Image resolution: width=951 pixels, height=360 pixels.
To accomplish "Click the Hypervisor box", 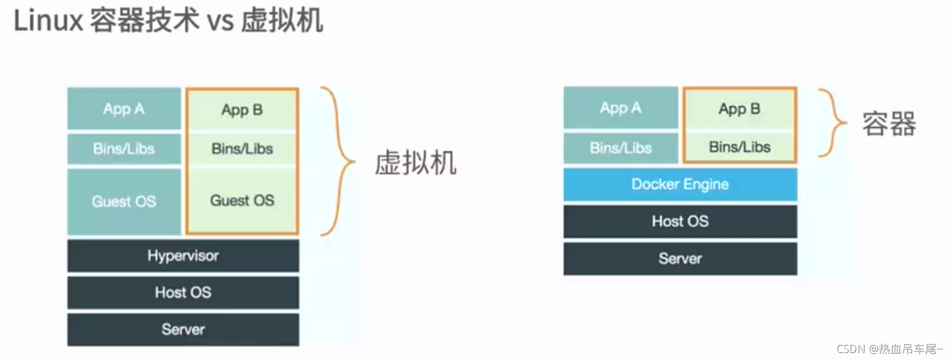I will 183,256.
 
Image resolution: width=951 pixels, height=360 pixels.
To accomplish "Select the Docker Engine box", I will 680,185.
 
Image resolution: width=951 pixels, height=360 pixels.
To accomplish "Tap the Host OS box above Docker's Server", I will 680,222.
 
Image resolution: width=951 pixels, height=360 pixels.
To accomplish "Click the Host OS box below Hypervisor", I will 183,293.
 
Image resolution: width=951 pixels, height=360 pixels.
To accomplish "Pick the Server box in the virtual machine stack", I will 183,330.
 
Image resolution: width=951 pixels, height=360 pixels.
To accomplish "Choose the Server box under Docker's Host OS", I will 680,259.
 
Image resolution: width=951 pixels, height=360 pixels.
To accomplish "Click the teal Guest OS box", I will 124,201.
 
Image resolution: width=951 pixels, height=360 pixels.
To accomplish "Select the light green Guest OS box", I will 242,201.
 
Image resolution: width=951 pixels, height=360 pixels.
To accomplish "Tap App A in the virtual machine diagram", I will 124,109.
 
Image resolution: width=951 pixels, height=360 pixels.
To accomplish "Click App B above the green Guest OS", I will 242,110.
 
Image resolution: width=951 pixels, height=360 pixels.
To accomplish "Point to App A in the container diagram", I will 620,108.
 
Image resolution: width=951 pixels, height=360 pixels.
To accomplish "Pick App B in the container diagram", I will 739,109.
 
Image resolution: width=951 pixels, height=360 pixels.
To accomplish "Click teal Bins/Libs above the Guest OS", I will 124,149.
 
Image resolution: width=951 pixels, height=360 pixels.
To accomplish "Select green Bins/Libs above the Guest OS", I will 242,149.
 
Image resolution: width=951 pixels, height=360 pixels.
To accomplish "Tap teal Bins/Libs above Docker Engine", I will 620,148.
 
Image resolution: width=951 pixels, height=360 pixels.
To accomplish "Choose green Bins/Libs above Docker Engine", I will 739,148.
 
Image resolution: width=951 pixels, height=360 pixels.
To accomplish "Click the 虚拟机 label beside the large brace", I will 415,163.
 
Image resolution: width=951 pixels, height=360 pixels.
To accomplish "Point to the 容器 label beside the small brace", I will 888,124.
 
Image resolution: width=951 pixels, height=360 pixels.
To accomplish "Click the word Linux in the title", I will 49,21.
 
